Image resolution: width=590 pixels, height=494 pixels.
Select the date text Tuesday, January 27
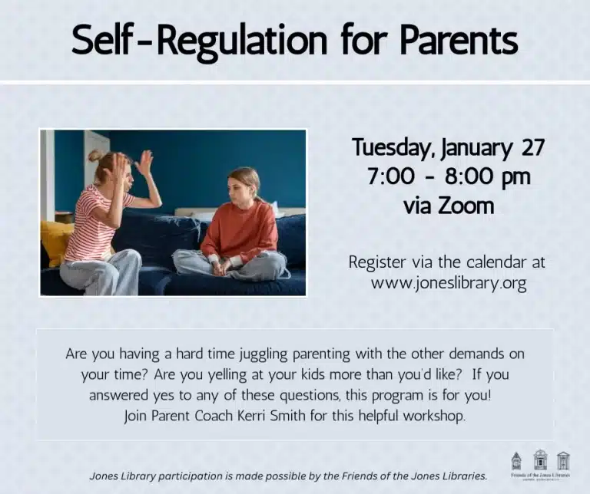448,147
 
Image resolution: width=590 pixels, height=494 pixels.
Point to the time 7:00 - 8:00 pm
449,176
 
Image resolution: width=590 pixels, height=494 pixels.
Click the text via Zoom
449,206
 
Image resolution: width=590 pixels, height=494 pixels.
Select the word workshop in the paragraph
437,416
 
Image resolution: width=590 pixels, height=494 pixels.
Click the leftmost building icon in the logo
516,460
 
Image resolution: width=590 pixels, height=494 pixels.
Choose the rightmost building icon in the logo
563,459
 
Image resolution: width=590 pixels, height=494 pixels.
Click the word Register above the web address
377,262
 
